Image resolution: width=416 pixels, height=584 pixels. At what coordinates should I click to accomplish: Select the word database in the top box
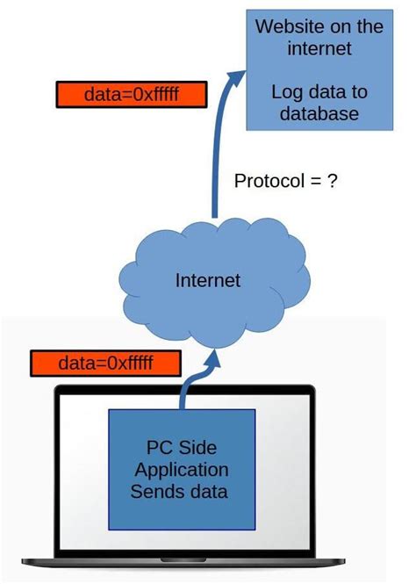click(x=314, y=113)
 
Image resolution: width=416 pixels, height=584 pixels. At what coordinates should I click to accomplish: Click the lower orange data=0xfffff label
click(x=106, y=363)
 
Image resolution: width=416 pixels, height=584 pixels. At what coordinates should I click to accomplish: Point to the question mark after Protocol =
click(x=331, y=181)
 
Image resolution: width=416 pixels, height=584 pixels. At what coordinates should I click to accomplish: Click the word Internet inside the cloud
click(x=208, y=280)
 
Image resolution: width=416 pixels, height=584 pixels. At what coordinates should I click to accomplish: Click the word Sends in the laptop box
click(x=156, y=491)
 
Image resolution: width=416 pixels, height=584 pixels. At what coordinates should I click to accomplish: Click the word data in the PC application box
click(x=206, y=491)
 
